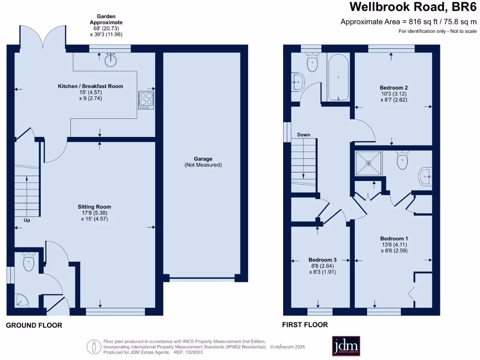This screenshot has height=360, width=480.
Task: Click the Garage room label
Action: [202, 159]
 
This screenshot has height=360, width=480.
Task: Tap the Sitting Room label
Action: [94, 206]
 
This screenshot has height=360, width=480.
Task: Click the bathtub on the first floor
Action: [338, 78]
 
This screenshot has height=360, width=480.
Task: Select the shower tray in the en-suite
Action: [368, 163]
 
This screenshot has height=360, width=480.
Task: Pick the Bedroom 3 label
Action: [322, 259]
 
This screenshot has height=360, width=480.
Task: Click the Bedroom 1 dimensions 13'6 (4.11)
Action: [393, 244]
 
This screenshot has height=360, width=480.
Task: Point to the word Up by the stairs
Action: [27, 219]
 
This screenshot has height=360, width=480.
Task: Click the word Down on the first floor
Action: [303, 135]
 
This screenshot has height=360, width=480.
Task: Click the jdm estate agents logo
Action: [346, 346]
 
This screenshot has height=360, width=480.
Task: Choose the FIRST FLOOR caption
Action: [305, 324]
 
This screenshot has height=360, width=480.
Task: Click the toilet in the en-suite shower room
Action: [402, 160]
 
